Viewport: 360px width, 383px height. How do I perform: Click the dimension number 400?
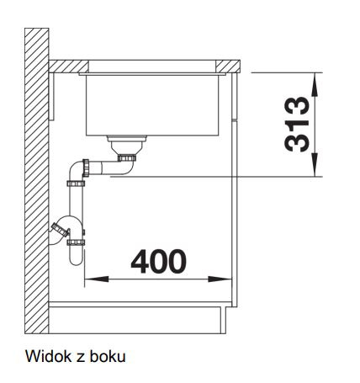pos(158,262)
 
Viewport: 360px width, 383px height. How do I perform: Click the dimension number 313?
pos(297,125)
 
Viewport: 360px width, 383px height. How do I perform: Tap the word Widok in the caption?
pos(49,356)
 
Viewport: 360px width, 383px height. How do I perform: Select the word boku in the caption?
pos(108,356)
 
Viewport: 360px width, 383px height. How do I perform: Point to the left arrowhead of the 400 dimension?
pos(97,279)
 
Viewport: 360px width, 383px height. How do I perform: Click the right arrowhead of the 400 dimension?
pos(220,279)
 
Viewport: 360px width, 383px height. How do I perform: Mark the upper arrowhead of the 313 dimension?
pos(315,85)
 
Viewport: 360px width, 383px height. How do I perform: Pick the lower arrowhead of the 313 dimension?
pos(315,165)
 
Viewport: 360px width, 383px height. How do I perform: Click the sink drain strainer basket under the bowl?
pos(127,145)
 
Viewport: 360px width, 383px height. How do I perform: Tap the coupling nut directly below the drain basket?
pos(127,158)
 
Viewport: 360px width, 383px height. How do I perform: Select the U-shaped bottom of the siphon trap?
pos(76,255)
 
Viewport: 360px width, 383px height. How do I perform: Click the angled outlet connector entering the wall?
pos(60,230)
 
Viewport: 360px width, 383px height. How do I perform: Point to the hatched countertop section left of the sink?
pos(69,66)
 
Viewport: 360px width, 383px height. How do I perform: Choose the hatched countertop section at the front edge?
pos(228,66)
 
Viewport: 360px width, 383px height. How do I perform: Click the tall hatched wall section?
pos(37,181)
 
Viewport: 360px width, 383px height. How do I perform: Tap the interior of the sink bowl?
pos(152,104)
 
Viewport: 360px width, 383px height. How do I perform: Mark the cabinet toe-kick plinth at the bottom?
pos(137,320)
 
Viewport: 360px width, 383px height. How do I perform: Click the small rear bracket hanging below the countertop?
pos(51,97)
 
